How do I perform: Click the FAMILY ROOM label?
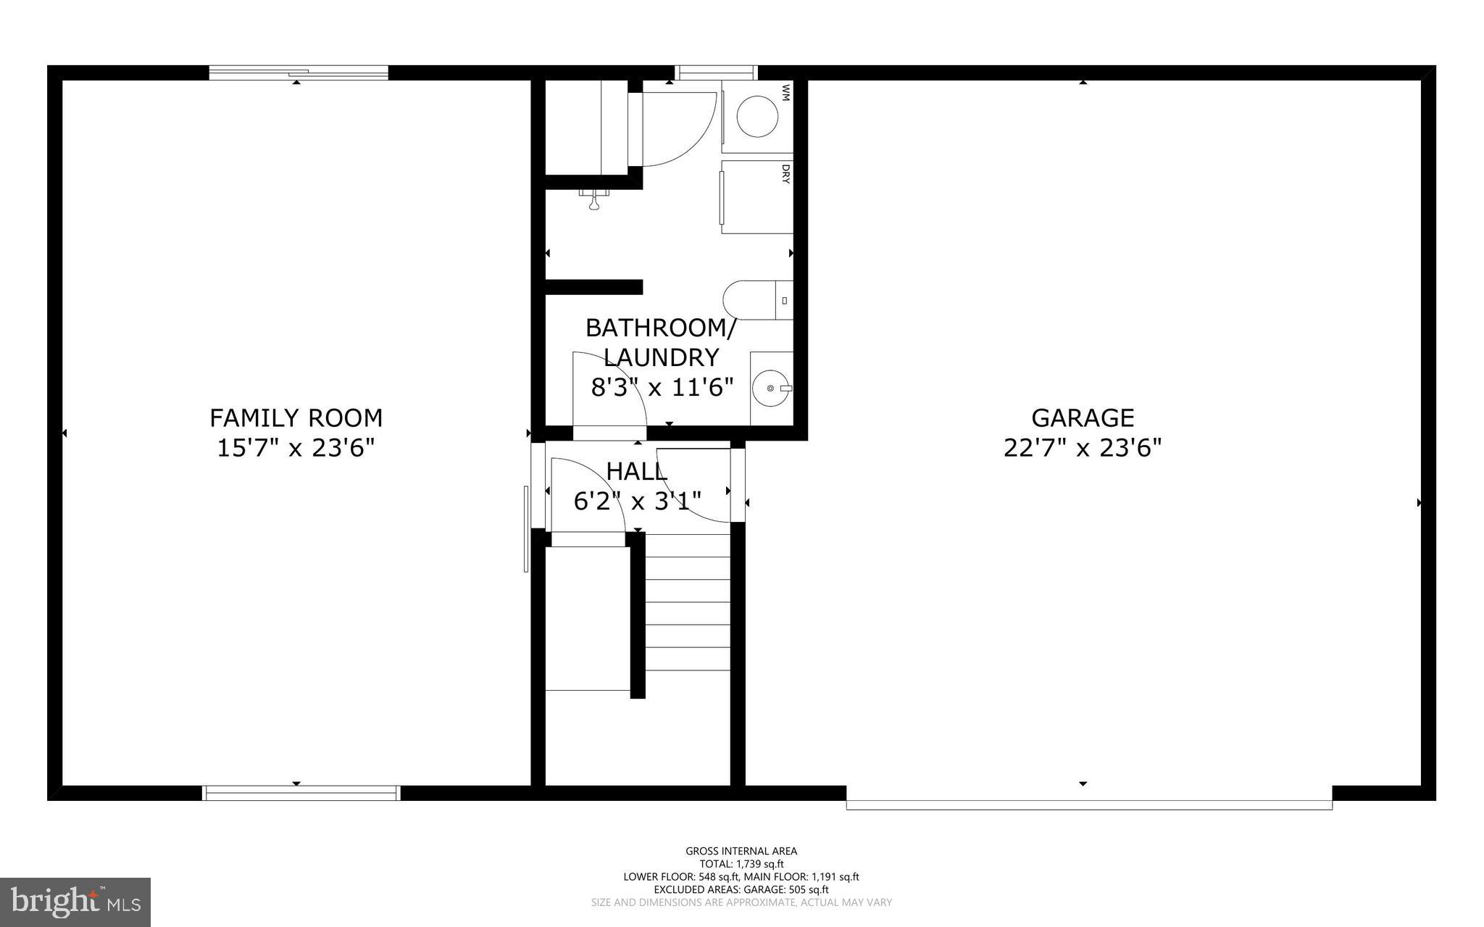coord(296,418)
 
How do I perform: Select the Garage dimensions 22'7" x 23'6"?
coord(1082,448)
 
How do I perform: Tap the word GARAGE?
coord(1083,418)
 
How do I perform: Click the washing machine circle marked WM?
coord(757,116)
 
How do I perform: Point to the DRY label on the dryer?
coord(785,174)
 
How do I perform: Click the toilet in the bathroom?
coord(754,300)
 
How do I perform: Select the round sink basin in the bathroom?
coord(770,388)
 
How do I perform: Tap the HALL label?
coord(636,472)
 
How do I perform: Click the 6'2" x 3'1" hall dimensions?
coord(637,501)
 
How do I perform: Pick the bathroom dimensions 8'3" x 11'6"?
coord(662,388)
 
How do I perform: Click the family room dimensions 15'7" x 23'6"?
coord(296,448)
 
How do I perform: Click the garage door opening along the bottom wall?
coord(1088,804)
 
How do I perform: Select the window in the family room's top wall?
coord(299,72)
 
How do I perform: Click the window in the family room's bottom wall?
coord(301,793)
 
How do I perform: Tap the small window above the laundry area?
coord(716,72)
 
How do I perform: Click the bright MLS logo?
coord(75,902)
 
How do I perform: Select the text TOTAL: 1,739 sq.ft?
coord(741,864)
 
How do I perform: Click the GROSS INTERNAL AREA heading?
coord(741,851)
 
